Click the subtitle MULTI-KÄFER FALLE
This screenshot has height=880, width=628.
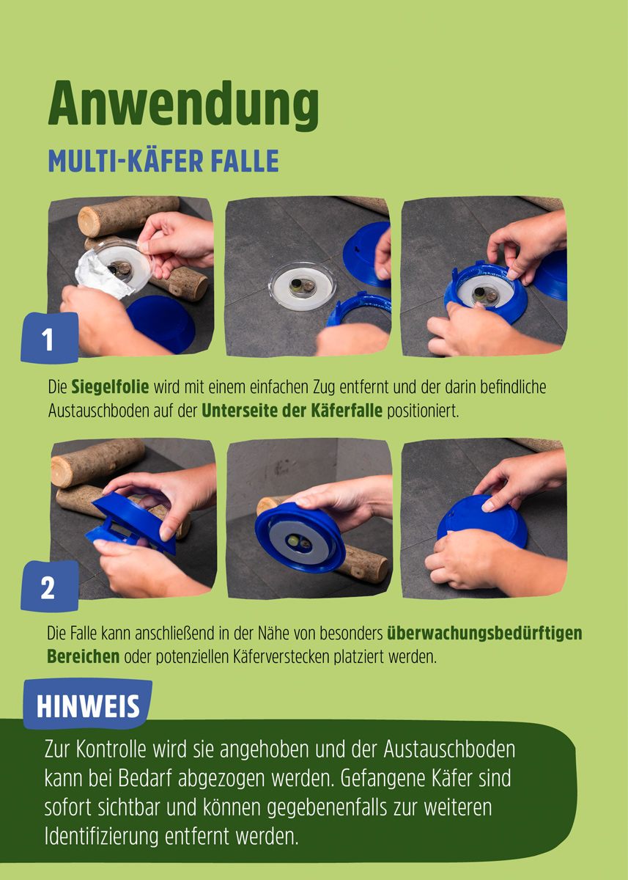pyautogui.click(x=163, y=161)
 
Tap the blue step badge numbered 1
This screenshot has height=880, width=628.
pyautogui.click(x=48, y=339)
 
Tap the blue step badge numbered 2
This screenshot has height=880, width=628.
pyautogui.click(x=48, y=587)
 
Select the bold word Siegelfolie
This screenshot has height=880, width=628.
pyautogui.click(x=110, y=387)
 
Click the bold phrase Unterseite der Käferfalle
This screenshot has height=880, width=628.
pyautogui.click(x=292, y=411)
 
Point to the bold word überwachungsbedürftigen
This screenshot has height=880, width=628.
pyautogui.click(x=484, y=632)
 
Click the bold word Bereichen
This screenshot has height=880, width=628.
pyautogui.click(x=83, y=656)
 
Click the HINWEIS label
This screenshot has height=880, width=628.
pyautogui.click(x=88, y=705)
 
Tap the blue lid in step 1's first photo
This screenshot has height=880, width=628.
pyautogui.click(x=161, y=323)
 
